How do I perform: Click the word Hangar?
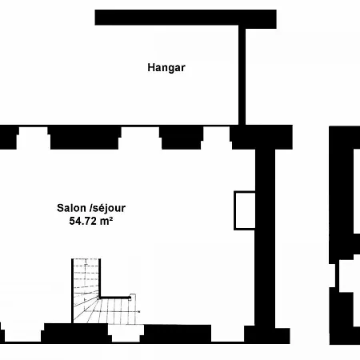coord(166,68)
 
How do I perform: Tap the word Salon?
coord(72,208)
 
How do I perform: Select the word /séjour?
coord(107,209)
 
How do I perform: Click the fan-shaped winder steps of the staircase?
coord(86,310)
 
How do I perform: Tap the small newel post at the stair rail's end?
coord(130,298)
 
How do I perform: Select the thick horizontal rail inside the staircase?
coord(114,298)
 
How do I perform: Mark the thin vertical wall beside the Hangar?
coord(242,77)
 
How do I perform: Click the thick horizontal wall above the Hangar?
coord(186,18)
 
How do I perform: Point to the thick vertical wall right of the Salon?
coord(265,238)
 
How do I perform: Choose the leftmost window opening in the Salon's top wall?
coord(33,138)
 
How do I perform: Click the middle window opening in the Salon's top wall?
coord(140,138)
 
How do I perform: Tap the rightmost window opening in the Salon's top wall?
coord(216,138)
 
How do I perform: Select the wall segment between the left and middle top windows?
coord(85,138)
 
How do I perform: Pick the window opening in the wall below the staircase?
coord(126,333)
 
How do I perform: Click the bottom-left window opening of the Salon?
coord(23,333)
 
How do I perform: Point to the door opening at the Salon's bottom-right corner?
coord(228,334)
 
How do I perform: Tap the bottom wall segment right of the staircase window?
coord(177,334)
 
